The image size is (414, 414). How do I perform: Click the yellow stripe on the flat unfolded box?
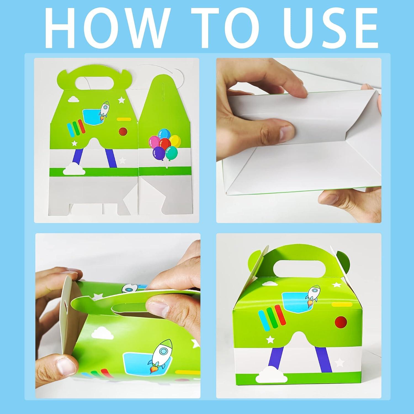tap(124, 119)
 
